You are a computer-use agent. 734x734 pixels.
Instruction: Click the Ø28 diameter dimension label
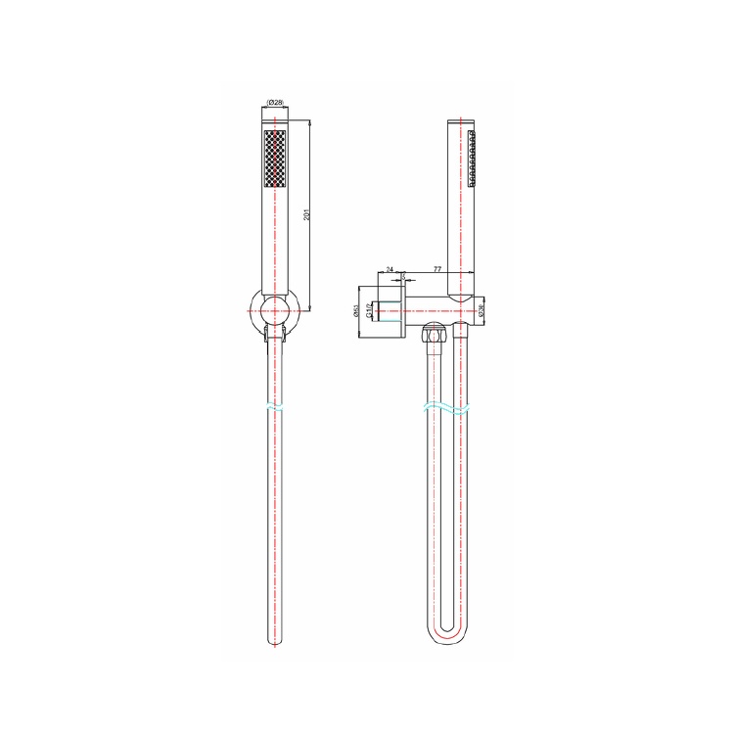(275, 103)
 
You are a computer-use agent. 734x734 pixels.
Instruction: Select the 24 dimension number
(390, 269)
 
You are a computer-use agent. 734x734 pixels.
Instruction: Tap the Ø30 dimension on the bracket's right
(482, 310)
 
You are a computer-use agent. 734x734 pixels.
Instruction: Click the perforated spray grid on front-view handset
(275, 161)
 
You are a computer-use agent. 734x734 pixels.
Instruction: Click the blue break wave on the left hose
(275, 405)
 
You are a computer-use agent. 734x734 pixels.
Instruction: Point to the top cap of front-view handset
(275, 123)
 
